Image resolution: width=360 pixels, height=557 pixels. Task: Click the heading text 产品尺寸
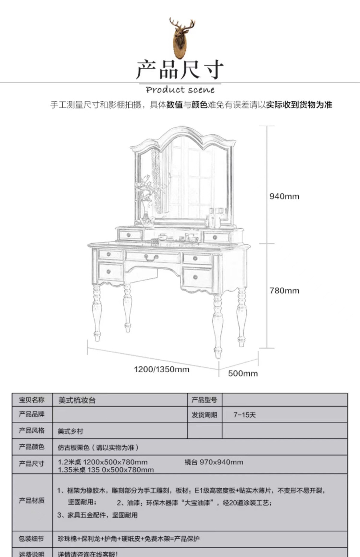(x=180, y=70)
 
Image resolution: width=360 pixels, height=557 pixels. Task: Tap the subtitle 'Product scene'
(x=180, y=90)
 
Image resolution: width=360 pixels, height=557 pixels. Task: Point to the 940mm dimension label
(x=284, y=196)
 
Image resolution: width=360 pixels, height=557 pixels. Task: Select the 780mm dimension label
(x=284, y=291)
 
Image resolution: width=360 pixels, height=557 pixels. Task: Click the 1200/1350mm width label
(x=161, y=369)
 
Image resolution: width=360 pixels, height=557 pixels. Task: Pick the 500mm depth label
(x=243, y=373)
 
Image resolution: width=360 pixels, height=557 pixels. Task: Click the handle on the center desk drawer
(x=151, y=257)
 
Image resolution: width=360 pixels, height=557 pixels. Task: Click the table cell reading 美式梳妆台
(x=77, y=400)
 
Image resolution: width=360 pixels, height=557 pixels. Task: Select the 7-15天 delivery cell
(x=244, y=415)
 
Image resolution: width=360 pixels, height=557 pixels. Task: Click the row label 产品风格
(x=32, y=431)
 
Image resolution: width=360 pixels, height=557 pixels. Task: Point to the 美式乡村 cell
(x=70, y=431)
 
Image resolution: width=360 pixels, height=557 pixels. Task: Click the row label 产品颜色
(x=32, y=447)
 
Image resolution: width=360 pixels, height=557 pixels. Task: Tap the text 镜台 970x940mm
(x=214, y=462)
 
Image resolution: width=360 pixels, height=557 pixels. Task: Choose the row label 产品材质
(x=32, y=500)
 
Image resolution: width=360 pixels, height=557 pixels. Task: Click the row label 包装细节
(x=31, y=539)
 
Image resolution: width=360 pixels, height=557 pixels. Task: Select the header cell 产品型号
(x=204, y=400)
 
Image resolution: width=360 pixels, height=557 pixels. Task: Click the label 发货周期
(x=204, y=415)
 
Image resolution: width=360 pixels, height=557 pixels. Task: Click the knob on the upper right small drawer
(x=215, y=238)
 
